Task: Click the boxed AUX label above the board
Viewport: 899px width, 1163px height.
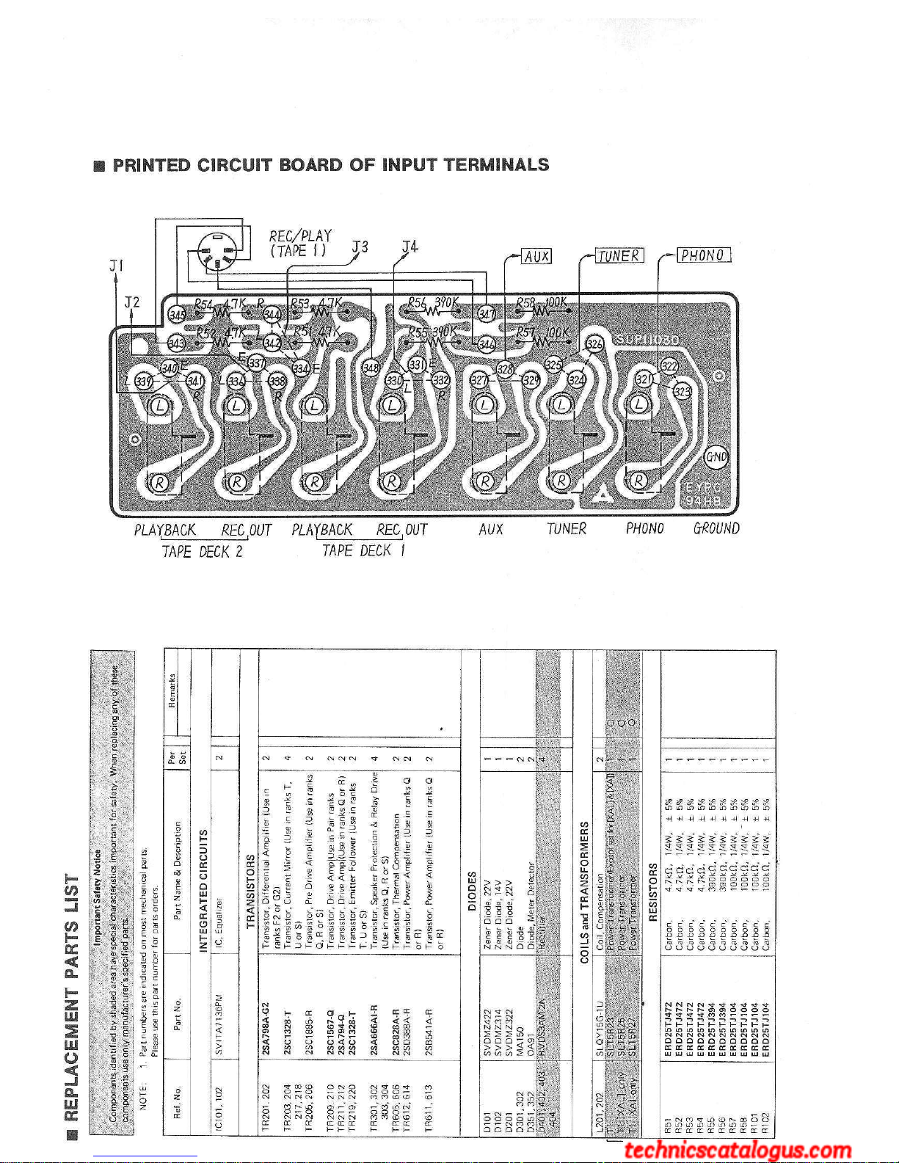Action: [536, 256]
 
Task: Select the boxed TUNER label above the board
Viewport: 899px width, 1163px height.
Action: [619, 255]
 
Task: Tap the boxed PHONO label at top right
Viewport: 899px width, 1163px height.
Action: [703, 255]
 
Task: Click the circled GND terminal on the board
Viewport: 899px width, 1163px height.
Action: [716, 456]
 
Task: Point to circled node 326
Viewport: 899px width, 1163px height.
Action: [594, 345]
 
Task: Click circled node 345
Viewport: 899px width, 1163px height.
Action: [177, 315]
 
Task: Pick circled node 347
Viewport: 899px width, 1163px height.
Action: [486, 314]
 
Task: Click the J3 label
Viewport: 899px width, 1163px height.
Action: [360, 247]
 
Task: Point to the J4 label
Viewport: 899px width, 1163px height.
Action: [410, 247]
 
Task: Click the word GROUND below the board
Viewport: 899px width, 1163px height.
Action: [716, 528]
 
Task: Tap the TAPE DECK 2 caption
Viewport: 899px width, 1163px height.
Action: [203, 551]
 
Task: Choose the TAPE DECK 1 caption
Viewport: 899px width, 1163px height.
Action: [363, 550]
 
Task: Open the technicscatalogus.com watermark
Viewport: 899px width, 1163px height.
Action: [738, 1151]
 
